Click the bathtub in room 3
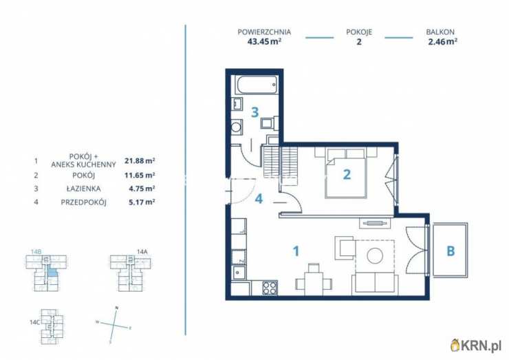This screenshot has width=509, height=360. (257, 85)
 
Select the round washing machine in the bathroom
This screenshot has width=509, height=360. (237, 127)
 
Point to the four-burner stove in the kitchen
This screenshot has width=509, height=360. (270, 288)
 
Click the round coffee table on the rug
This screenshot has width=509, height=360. (375, 255)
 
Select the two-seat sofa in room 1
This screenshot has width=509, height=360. (376, 283)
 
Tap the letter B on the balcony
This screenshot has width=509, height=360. (451, 251)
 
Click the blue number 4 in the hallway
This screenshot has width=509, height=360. (259, 199)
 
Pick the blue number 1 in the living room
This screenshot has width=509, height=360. (296, 251)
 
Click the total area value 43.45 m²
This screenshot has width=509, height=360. (264, 41)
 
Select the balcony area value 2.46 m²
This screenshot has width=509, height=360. (443, 41)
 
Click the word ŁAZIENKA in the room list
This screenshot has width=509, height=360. (86, 189)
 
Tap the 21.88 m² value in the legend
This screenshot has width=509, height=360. (140, 160)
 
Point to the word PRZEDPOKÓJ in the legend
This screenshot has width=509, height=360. (84, 202)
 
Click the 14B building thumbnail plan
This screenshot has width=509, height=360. (46, 273)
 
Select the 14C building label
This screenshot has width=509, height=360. (34, 322)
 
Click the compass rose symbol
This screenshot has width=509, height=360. (113, 325)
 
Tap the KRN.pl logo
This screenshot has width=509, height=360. (476, 346)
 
